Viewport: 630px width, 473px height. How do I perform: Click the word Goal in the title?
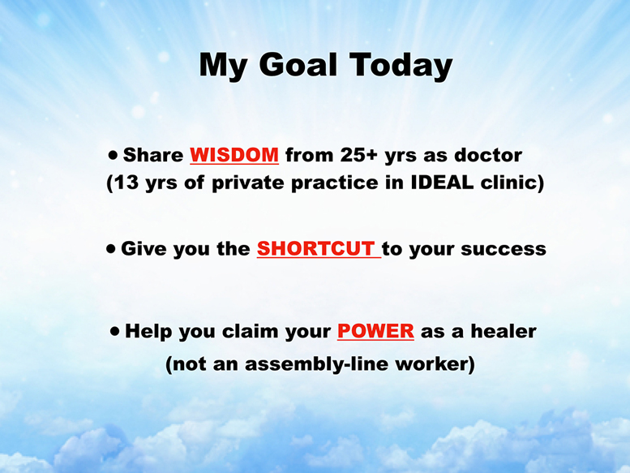click(x=298, y=64)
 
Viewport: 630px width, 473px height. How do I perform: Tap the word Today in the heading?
click(x=401, y=66)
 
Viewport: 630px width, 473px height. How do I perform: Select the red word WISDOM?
click(x=234, y=155)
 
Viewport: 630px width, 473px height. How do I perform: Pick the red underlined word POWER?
click(x=375, y=331)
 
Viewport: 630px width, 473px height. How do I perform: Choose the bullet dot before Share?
click(x=114, y=155)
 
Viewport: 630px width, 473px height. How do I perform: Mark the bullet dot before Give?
click(x=111, y=249)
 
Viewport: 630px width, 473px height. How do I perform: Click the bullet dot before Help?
click(x=115, y=332)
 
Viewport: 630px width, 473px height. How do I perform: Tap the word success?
click(x=504, y=250)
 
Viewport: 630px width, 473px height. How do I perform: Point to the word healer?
click(x=504, y=331)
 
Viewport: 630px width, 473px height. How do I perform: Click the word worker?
click(x=432, y=364)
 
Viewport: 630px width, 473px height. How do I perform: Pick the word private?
click(x=248, y=183)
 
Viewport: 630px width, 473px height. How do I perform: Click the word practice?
click(x=335, y=183)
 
